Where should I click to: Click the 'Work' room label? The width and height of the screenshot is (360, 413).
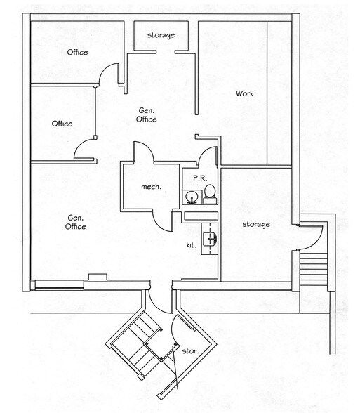[244, 93]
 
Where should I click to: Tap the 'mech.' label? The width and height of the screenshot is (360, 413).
[151, 187]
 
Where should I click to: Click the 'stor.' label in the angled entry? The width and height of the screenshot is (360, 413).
[190, 350]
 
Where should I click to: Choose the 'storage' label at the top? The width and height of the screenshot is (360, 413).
[161, 35]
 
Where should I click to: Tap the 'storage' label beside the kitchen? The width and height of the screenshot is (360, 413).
[256, 224]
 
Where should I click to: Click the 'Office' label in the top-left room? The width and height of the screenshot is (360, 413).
[77, 53]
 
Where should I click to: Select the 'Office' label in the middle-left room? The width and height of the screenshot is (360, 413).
[62, 124]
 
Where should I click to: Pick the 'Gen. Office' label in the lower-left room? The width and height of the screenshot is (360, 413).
[76, 222]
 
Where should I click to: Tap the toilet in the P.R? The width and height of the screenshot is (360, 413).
[209, 195]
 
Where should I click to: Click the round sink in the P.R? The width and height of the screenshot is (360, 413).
[191, 196]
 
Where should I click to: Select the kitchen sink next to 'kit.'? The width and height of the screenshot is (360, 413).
[208, 240]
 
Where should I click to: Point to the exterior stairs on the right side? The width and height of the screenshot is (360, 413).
[313, 270]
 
